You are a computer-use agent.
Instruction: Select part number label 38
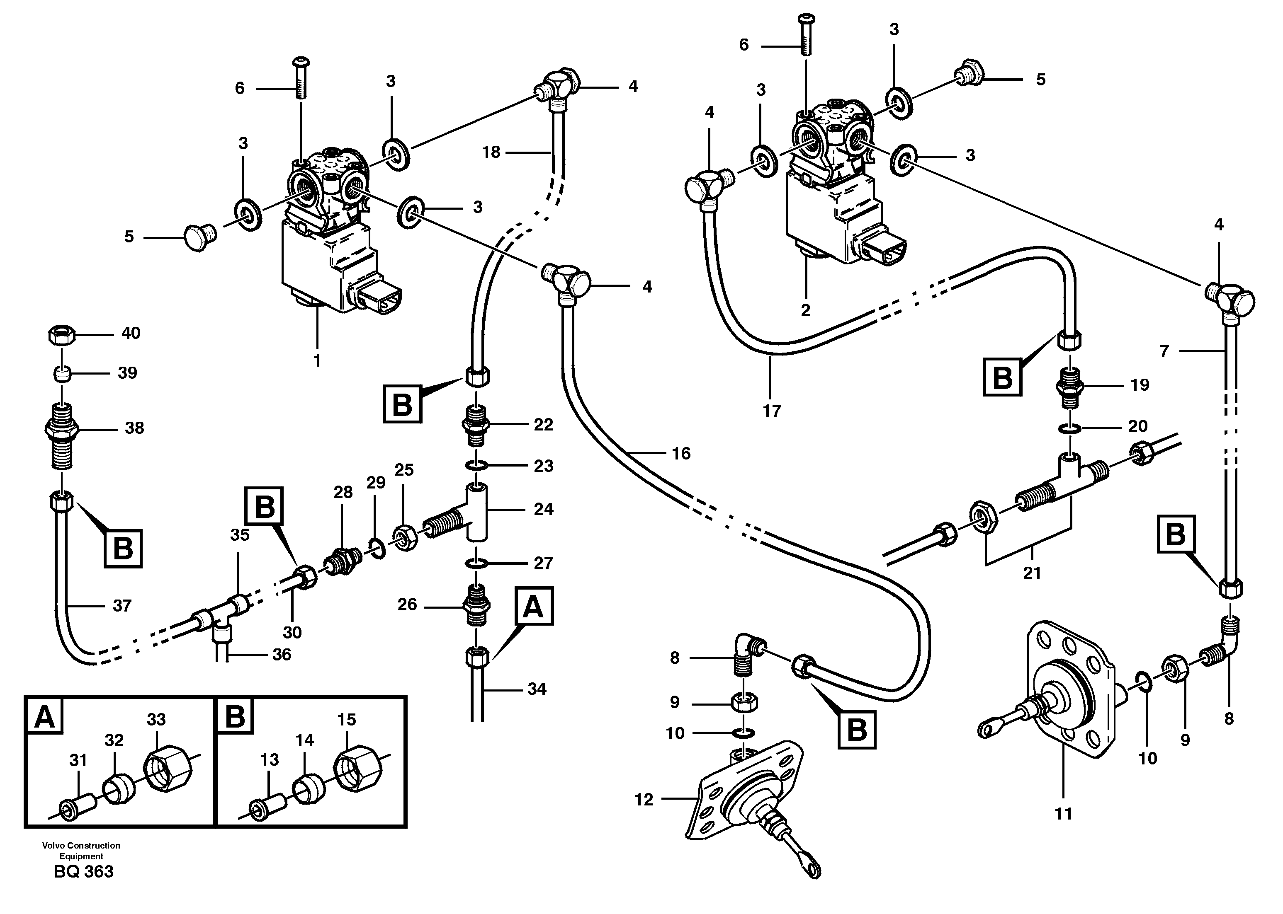134,428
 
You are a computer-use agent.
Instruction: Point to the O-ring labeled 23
476,465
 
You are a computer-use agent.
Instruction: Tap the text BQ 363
83,872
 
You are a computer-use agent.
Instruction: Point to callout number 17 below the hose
772,411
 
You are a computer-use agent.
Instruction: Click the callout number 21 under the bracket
1031,573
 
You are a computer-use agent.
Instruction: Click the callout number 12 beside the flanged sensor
644,800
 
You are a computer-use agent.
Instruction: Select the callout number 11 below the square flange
1063,814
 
